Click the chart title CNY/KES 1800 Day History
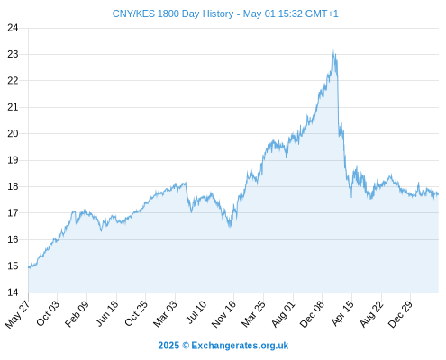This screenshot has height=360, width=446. click(x=173, y=13)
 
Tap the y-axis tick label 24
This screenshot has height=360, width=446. click(x=13, y=28)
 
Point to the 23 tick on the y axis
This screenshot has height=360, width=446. click(x=13, y=54)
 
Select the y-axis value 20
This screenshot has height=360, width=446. click(x=13, y=133)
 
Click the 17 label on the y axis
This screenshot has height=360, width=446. click(x=13, y=213)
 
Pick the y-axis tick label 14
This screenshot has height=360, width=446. click(x=13, y=292)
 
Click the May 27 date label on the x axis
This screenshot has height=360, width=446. click(x=18, y=314)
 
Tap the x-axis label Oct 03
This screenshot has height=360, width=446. click(x=48, y=313)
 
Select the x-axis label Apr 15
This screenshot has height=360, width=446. click(x=342, y=313)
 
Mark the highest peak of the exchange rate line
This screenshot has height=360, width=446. click(x=333, y=50)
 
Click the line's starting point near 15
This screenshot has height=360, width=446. click(x=29, y=267)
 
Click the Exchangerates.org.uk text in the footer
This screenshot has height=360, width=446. click(x=240, y=346)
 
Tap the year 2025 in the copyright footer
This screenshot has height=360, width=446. click(x=168, y=346)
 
